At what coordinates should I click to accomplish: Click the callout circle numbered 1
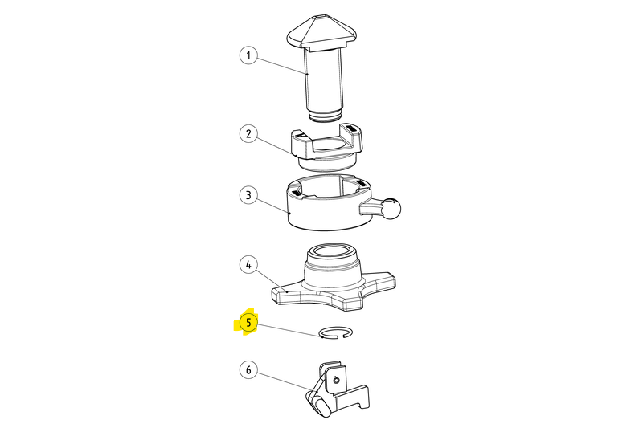248,55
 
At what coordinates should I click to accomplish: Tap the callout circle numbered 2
248,133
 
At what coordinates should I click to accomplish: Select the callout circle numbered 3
248,195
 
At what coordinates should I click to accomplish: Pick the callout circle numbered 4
248,264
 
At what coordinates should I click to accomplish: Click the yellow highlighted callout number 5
248,323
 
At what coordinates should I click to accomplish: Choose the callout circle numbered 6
248,370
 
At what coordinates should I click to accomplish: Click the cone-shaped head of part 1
322,33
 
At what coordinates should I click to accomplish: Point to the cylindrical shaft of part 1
325,79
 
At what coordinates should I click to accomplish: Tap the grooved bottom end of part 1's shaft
325,115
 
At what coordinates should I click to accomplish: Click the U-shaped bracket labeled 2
327,146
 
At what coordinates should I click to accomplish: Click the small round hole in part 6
337,381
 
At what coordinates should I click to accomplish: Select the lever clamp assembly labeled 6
337,389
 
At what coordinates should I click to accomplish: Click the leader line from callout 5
289,330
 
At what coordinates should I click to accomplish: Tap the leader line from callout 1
282,65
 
